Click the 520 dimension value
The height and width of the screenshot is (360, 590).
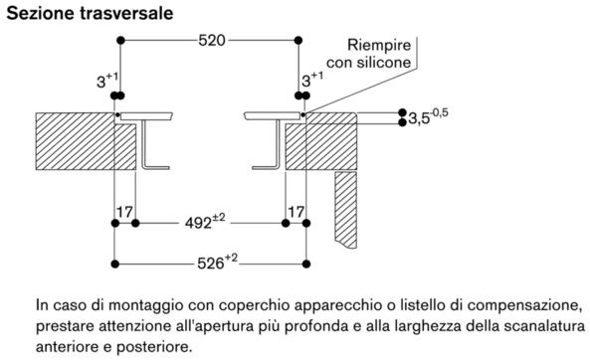(211, 41)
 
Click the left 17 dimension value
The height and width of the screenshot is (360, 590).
(124, 212)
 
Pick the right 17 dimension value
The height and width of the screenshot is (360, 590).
(295, 212)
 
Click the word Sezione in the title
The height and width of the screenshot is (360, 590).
(37, 13)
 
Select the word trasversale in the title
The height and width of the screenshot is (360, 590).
(124, 13)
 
